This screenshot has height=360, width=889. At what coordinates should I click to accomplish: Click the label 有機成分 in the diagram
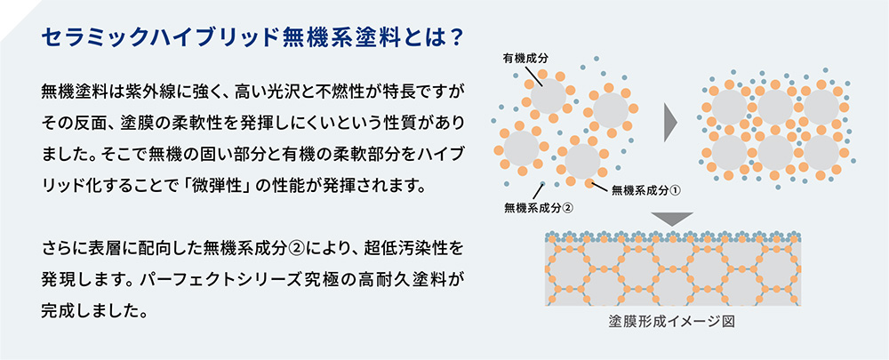(x=525, y=58)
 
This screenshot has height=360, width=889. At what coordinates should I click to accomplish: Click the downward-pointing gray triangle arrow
(x=672, y=220)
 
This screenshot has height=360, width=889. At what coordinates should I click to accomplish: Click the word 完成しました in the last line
(x=89, y=311)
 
